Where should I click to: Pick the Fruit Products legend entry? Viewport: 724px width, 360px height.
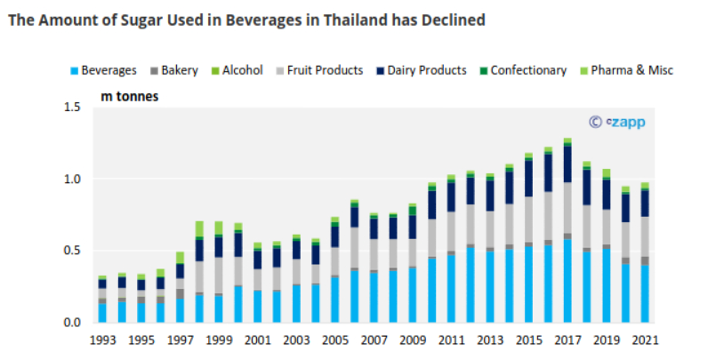pyautogui.click(x=321, y=70)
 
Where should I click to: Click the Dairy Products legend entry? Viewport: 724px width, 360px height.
pyautogui.click(x=420, y=70)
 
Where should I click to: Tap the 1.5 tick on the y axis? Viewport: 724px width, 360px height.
pyautogui.click(x=71, y=107)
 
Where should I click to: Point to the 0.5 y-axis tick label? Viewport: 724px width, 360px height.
pyautogui.click(x=71, y=251)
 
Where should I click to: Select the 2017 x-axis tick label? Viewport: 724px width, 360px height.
pyautogui.click(x=567, y=340)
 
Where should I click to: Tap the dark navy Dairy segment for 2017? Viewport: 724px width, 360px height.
pyautogui.click(x=567, y=164)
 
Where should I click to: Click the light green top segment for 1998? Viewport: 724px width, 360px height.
pyautogui.click(x=198, y=228)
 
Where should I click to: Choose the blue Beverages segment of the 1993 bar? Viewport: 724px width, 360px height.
pyautogui.click(x=102, y=312)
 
